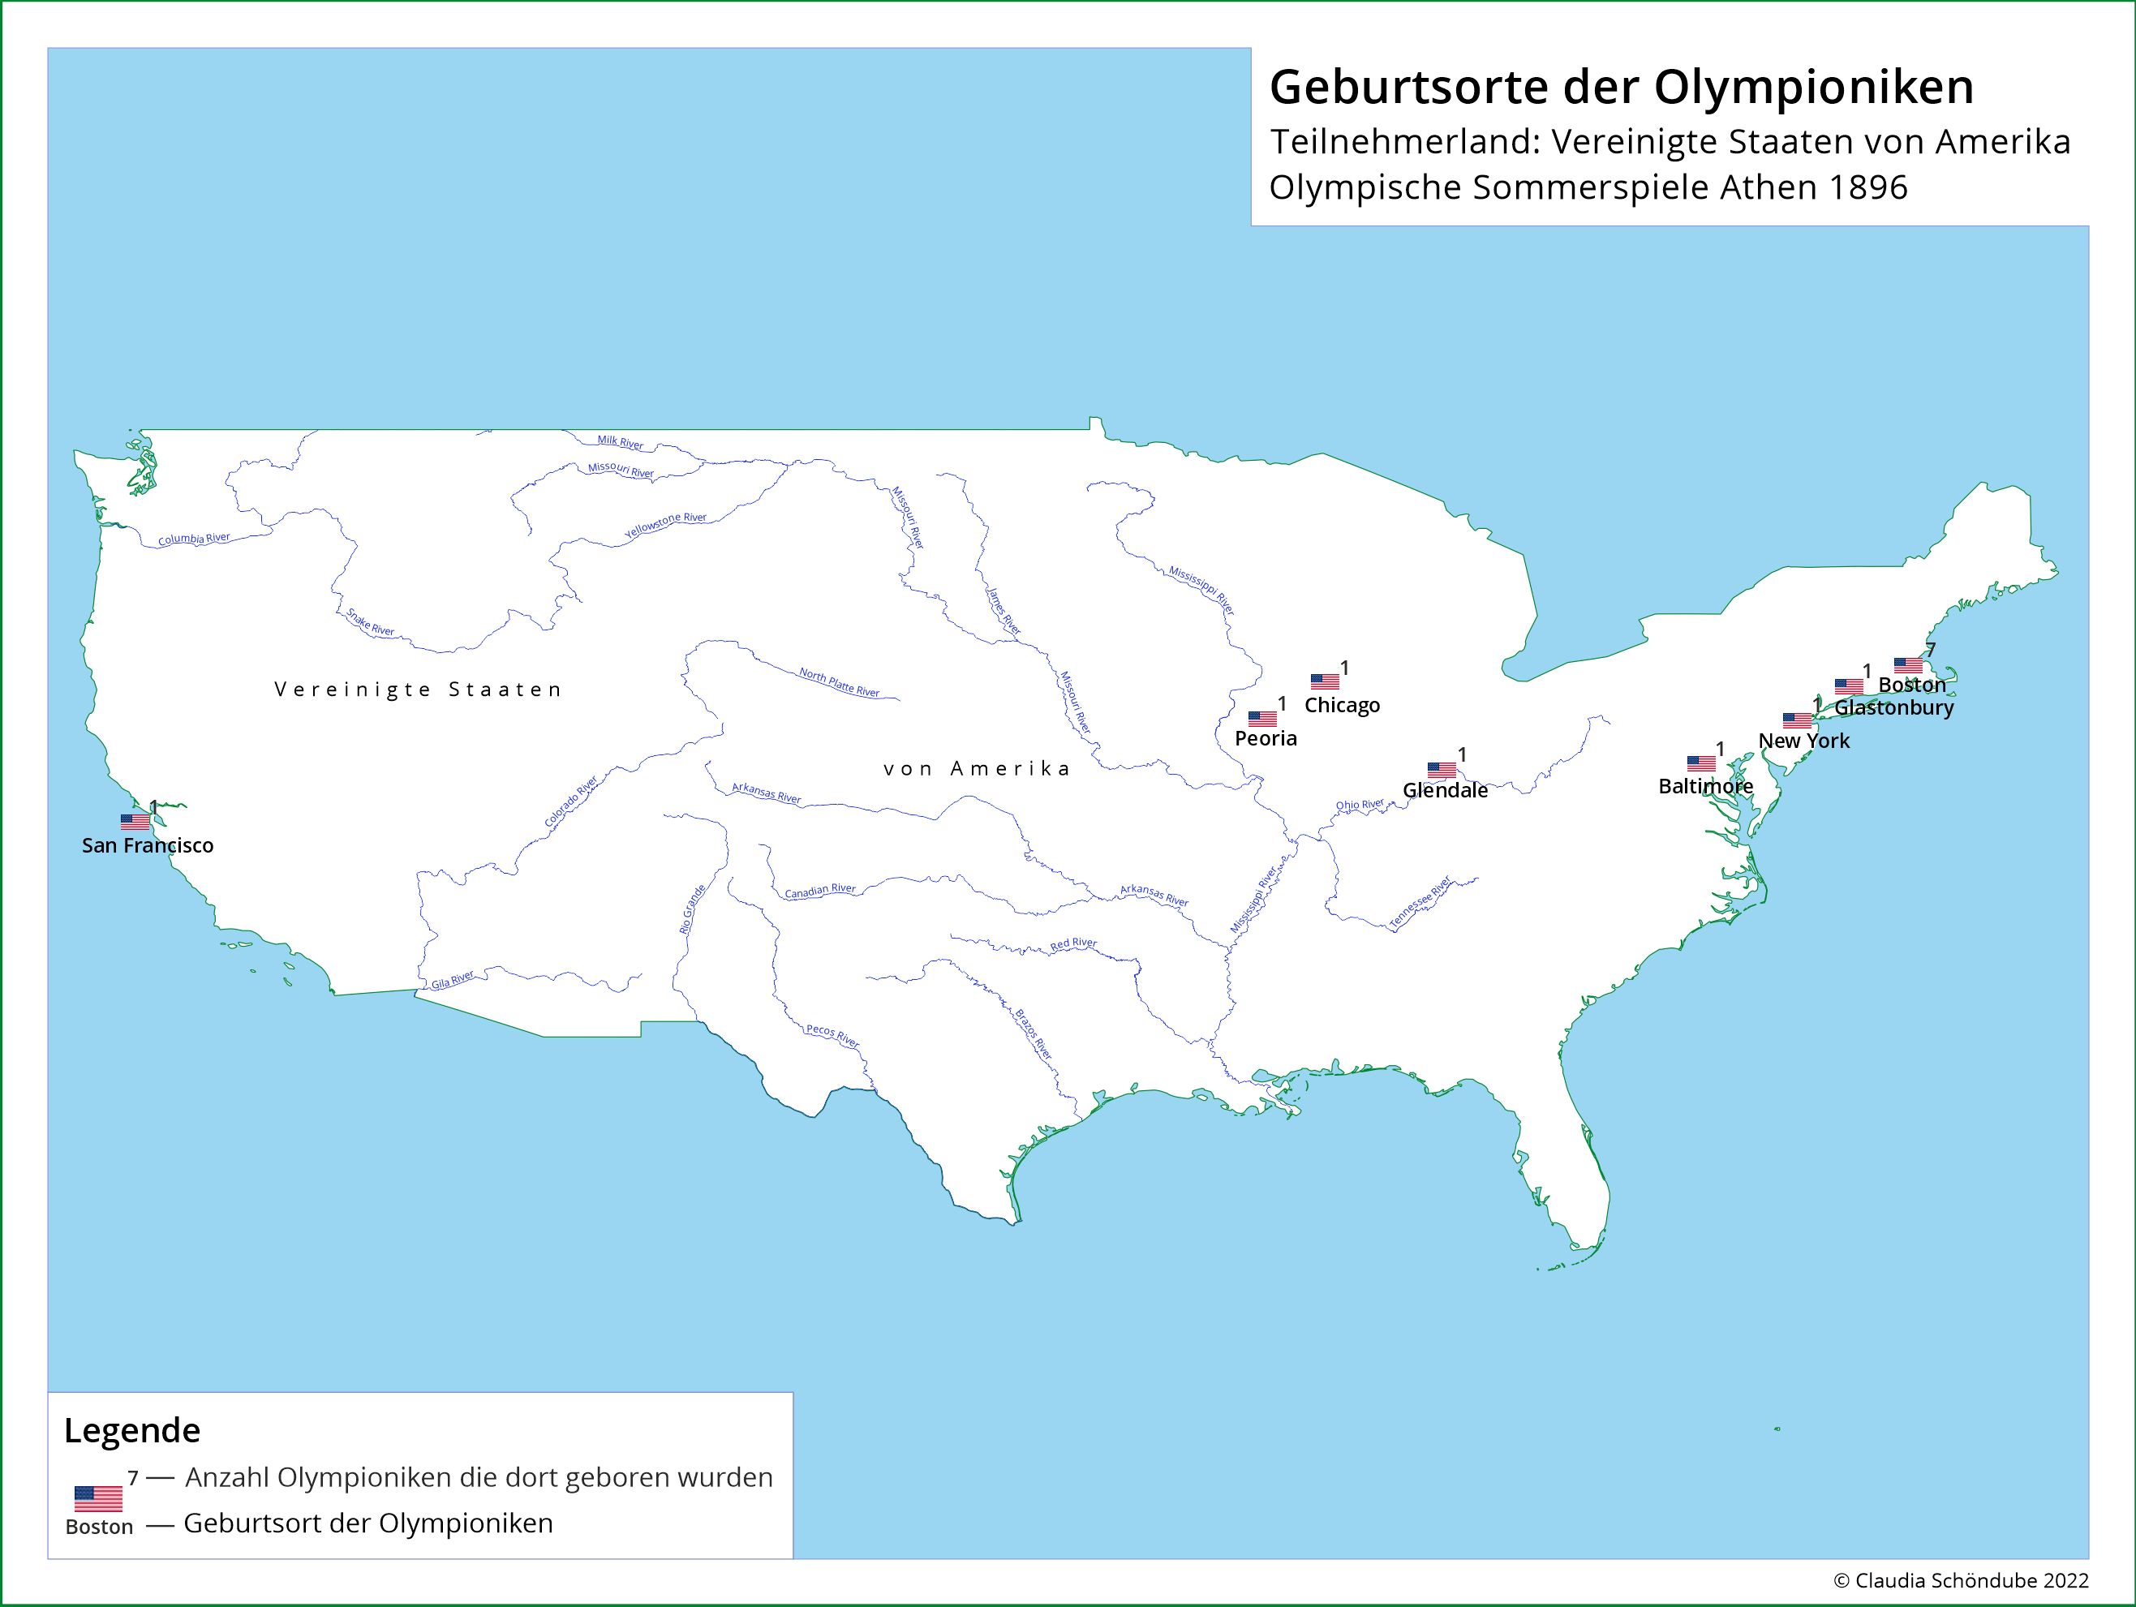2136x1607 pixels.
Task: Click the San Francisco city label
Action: click(148, 846)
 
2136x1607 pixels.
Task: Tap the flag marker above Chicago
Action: click(1324, 681)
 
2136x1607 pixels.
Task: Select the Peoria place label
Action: click(1265, 739)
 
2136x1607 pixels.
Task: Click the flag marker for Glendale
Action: click(1441, 770)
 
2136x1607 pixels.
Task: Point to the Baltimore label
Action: click(1704, 787)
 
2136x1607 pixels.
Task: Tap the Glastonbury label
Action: click(1893, 708)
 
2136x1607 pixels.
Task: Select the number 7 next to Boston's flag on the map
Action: click(1929, 650)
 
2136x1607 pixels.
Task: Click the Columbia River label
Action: click(194, 539)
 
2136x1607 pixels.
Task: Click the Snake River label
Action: click(371, 623)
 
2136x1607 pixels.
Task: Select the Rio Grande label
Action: click(691, 909)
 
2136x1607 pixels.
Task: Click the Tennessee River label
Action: click(1420, 902)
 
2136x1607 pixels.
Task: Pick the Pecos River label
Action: click(832, 1036)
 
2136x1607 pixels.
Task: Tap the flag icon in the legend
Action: click(98, 1497)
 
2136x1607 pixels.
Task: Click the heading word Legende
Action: click(132, 1430)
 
